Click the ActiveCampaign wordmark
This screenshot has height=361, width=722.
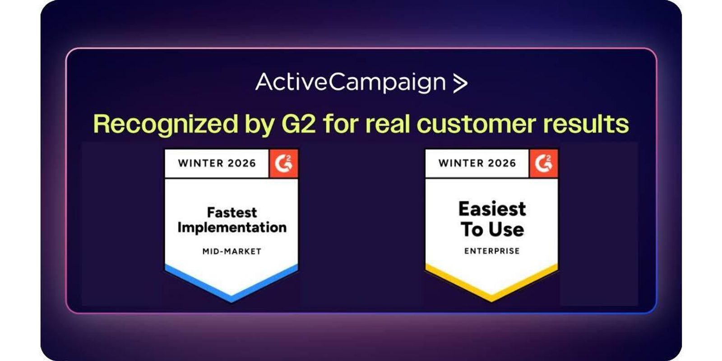tap(351, 83)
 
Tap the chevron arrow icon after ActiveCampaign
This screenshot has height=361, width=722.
tap(460, 83)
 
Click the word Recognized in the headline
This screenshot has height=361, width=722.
tap(166, 125)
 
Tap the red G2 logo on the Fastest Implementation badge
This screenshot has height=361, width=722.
tap(284, 163)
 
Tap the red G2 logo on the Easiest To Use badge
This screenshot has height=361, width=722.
tap(544, 163)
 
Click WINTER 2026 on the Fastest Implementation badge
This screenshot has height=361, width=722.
tap(217, 163)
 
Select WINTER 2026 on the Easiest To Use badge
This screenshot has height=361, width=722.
tap(477, 163)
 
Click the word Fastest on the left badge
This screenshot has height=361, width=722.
tap(232, 213)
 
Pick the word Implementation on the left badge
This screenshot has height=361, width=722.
tap(232, 227)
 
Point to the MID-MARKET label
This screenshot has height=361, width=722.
tap(232, 251)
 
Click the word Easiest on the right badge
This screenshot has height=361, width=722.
tap(492, 209)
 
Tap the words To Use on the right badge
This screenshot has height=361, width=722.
tap(492, 229)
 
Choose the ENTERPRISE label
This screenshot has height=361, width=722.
tap(492, 251)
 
